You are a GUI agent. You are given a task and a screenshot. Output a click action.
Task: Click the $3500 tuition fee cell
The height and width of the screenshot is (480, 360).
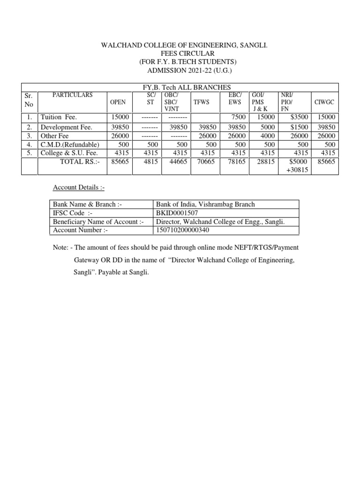coord(299,117)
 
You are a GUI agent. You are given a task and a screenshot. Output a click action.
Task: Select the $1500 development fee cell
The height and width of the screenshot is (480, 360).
coord(299,127)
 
